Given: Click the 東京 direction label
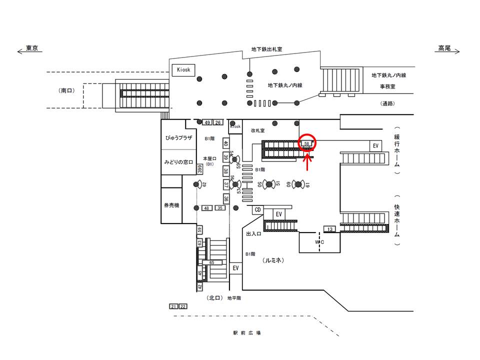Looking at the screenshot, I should point(32,48).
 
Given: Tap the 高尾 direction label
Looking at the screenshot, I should point(444,48).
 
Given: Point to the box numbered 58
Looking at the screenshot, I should point(307,143).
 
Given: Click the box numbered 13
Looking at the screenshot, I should point(330,229).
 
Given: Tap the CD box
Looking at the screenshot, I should point(258,209).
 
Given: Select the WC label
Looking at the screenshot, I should point(320,242).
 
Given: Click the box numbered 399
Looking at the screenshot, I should point(199,170).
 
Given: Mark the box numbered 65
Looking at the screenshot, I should point(211,262).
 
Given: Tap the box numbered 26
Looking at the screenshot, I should point(218,122).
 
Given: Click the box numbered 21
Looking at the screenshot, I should point(173,306).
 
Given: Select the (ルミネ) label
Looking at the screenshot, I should point(273,260).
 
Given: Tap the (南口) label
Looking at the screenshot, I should point(66,90).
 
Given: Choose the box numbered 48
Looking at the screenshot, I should point(206,207).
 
